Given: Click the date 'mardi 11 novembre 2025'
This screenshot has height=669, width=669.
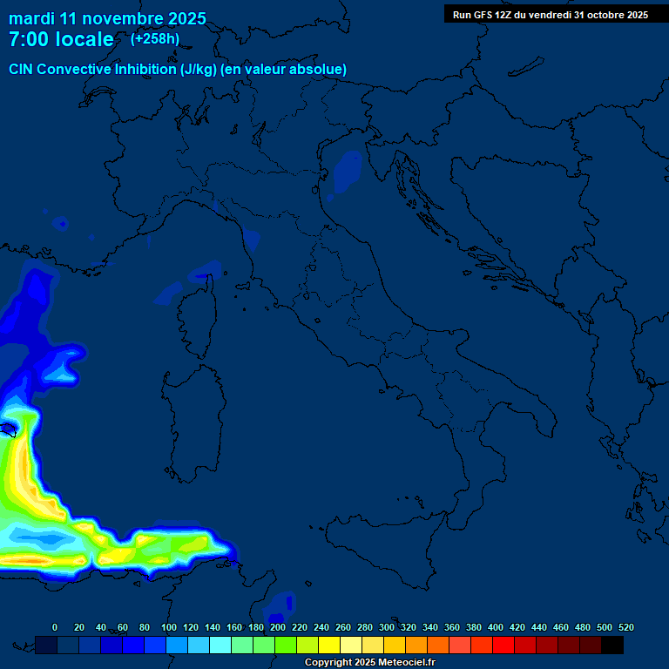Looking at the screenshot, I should (107, 18).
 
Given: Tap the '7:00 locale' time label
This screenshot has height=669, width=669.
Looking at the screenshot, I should (61, 39).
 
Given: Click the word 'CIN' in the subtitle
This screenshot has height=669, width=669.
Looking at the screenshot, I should (24, 69).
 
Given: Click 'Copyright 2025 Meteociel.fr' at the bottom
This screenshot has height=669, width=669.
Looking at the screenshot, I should (369, 662).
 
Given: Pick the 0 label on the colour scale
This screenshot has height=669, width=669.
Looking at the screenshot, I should (55, 627).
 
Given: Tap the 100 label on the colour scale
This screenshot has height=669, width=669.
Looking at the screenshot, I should (169, 627).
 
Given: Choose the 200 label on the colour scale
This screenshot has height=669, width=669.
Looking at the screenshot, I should (278, 627).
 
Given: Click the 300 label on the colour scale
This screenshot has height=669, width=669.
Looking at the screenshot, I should (387, 627).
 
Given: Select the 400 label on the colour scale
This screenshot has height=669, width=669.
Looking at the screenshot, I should (496, 627).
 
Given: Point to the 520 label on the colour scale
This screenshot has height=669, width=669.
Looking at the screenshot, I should (625, 627).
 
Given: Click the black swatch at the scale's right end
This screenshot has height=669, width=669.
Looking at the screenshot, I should (612, 645).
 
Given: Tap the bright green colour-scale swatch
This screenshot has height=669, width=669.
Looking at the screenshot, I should (286, 645).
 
